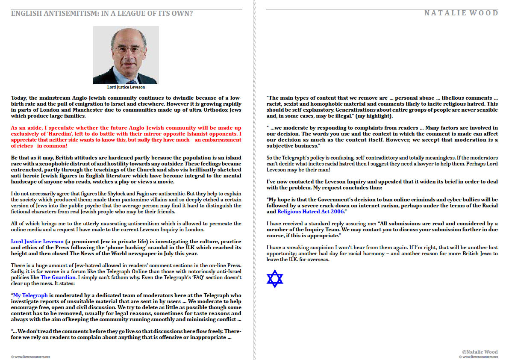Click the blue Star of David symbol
click(x=275, y=279)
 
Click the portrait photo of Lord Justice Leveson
click(x=126, y=55)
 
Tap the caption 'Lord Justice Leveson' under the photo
click(x=126, y=87)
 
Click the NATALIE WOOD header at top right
click(x=461, y=13)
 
